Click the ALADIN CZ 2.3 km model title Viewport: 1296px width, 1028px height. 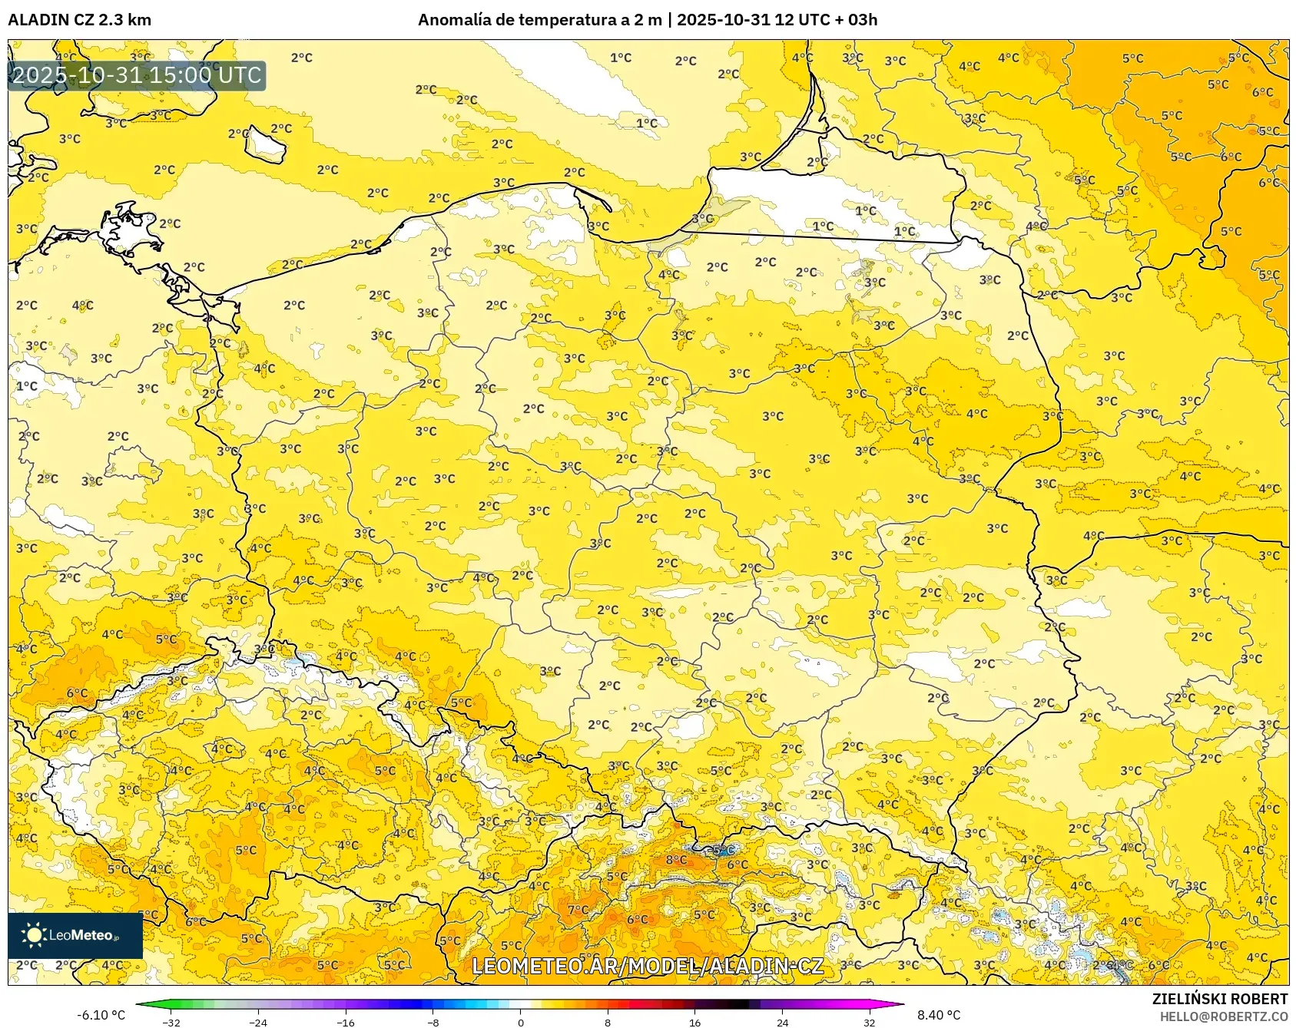click(79, 19)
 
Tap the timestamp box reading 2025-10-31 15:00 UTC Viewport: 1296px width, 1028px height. click(137, 75)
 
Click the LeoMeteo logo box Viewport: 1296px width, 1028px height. click(75, 935)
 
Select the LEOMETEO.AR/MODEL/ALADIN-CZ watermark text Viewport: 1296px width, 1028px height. click(647, 966)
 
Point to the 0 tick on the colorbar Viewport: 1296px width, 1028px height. click(521, 1022)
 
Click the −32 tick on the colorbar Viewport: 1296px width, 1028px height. click(172, 1022)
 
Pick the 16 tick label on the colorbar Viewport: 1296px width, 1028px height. click(694, 1022)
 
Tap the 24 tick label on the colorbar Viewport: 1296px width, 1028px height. click(782, 1022)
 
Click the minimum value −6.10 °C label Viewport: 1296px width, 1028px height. click(101, 1015)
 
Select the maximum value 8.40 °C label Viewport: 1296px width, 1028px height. click(939, 1015)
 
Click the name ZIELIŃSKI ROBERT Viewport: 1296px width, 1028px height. click(1220, 999)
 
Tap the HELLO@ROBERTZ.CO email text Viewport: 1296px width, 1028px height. click(1223, 1016)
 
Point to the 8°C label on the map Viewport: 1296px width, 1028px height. click(676, 859)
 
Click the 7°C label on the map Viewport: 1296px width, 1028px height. click(578, 910)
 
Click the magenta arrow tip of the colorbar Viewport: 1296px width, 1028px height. click(899, 1003)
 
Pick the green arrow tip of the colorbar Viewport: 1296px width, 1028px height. click(141, 1003)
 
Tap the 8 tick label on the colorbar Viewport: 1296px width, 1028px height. click(608, 1022)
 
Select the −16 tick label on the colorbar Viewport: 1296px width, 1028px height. click(346, 1022)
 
